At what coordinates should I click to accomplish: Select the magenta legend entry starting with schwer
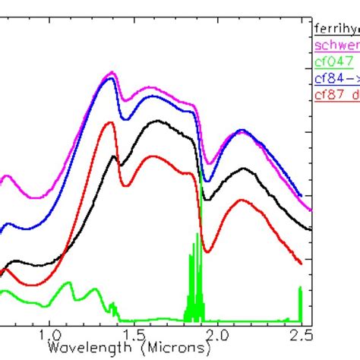point(336,45)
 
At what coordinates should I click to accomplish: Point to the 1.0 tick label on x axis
point(49,334)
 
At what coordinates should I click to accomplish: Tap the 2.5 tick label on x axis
point(302,334)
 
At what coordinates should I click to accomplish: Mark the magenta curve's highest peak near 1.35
point(112,73)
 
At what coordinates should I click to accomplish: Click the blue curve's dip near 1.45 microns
point(127,118)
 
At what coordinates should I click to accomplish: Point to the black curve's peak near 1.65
point(158,121)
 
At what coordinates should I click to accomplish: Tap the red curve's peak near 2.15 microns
point(242,200)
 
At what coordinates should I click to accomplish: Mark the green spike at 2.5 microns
point(301,288)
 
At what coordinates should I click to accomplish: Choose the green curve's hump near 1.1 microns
point(69,283)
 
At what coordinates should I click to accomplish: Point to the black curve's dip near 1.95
point(208,199)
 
